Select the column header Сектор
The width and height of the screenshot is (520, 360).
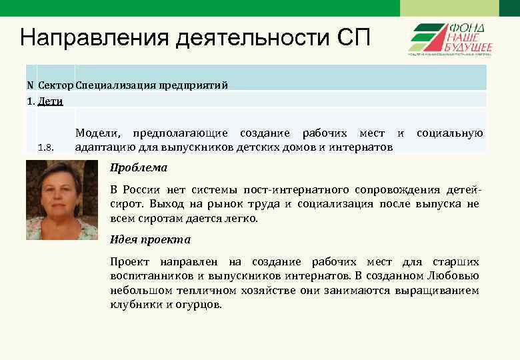coord(56,85)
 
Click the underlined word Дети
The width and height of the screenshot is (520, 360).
coord(51,101)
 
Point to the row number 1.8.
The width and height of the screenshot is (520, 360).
coord(45,147)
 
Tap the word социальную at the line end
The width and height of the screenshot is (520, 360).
coord(449,134)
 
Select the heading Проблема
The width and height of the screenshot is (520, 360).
coord(139,167)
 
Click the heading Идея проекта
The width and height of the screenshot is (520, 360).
coord(150,239)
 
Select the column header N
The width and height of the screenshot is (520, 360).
coord(30,85)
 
